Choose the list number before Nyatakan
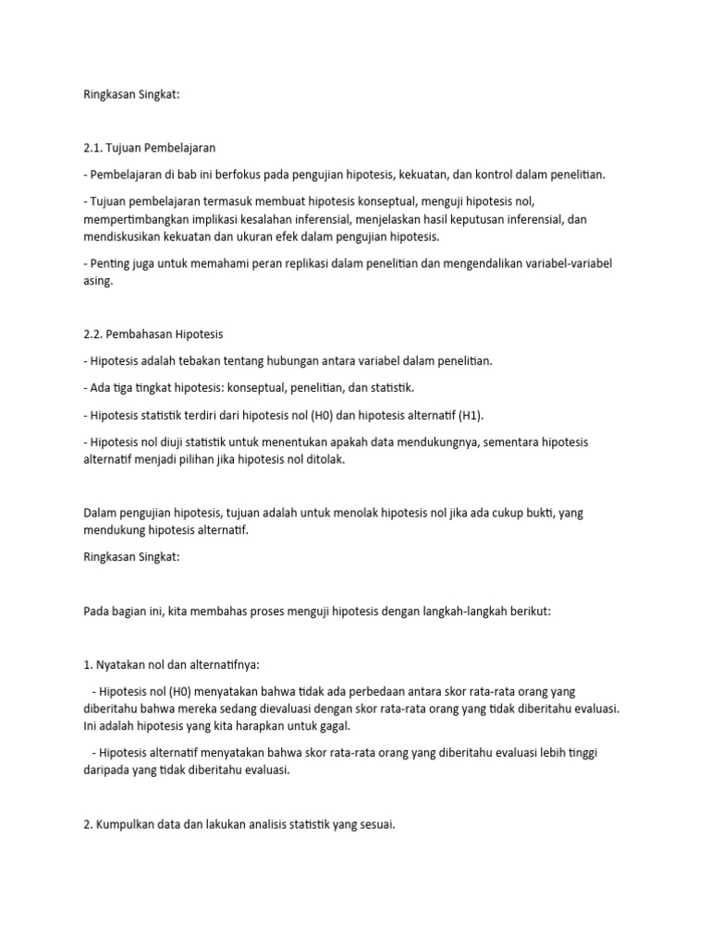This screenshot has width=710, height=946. tap(88, 664)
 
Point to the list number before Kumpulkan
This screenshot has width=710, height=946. tap(88, 825)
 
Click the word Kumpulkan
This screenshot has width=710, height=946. tap(130, 825)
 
